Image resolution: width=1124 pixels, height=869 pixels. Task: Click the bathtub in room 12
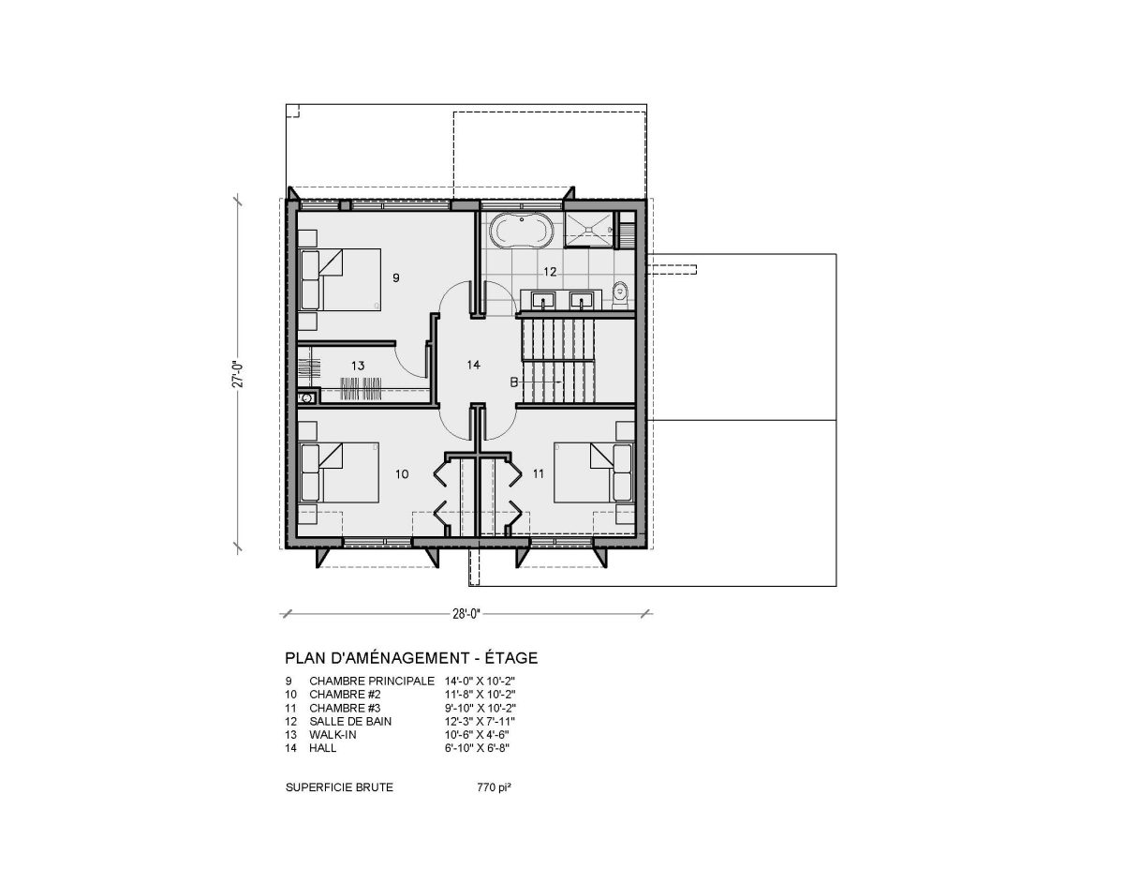click(522, 232)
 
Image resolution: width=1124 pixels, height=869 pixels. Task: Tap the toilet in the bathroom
click(620, 295)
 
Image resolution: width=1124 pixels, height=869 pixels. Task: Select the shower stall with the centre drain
click(589, 227)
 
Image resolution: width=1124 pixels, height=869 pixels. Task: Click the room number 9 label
click(395, 277)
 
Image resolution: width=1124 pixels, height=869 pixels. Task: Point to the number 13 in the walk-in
click(358, 366)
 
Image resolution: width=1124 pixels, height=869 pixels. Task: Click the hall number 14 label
click(473, 365)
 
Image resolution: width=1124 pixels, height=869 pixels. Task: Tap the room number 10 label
click(402, 473)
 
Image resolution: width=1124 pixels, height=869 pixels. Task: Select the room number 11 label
click(539, 473)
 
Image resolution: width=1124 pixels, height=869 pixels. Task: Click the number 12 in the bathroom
click(550, 271)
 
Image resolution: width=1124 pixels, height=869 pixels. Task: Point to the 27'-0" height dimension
click(237, 374)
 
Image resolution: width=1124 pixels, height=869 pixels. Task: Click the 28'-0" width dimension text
click(466, 614)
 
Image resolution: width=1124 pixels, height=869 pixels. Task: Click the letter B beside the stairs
click(513, 382)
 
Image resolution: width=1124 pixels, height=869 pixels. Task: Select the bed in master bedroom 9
click(340, 279)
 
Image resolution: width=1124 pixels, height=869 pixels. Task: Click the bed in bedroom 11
click(593, 472)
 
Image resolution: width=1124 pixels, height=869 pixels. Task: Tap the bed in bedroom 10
click(339, 472)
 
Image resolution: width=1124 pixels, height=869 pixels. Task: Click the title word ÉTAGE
click(510, 658)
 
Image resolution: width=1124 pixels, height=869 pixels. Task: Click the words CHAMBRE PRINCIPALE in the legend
click(372, 682)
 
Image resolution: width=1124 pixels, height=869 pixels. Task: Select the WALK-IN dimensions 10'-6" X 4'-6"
click(477, 734)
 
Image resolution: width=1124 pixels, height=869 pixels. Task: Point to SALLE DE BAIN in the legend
click(350, 722)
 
